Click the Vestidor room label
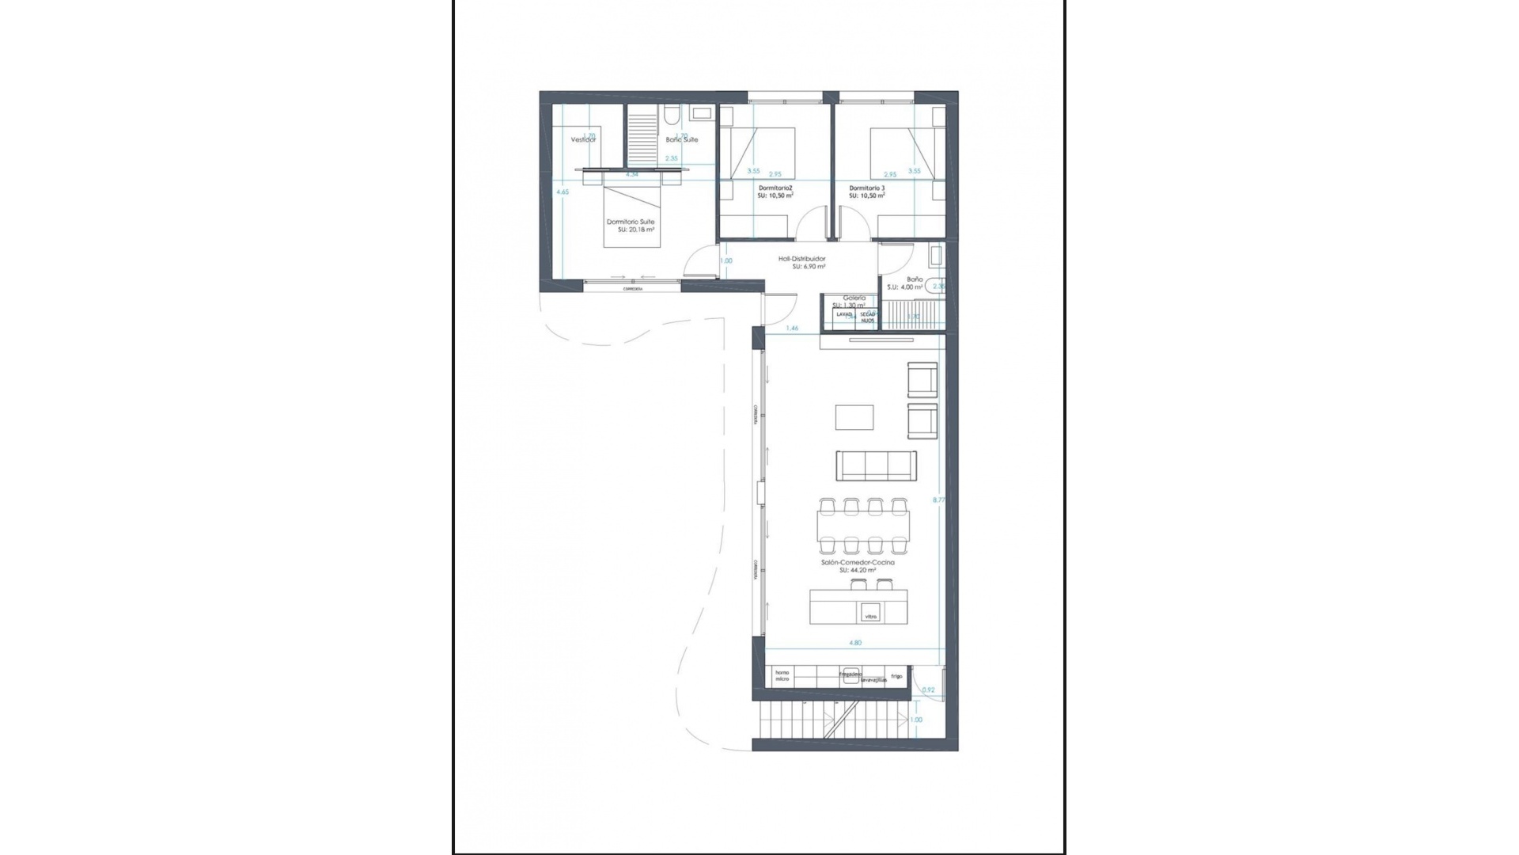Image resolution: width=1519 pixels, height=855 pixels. (583, 139)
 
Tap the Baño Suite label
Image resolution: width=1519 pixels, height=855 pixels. (682, 139)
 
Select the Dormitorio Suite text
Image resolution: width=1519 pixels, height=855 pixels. (631, 222)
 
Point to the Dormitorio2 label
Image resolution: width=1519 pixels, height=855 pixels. (775, 188)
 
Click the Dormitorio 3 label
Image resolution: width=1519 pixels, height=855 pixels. (867, 188)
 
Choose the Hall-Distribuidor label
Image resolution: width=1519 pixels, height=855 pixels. (802, 259)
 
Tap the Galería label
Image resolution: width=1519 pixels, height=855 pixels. (854, 298)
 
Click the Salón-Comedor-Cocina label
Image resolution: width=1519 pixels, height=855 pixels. (858, 562)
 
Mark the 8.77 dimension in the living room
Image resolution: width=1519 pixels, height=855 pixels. (939, 500)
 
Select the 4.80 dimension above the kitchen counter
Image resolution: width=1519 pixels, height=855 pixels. (855, 643)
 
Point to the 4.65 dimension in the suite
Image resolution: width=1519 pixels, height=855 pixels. (563, 192)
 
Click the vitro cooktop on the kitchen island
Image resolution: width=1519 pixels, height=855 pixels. (871, 616)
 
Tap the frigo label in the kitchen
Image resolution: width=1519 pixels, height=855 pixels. (896, 676)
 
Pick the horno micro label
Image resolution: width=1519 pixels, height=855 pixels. (782, 675)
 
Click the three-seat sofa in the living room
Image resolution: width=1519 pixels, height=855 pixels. (877, 465)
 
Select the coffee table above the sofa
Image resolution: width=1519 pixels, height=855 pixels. (855, 417)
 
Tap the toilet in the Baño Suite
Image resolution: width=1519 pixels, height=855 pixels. (671, 116)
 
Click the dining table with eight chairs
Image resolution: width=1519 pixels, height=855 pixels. (863, 526)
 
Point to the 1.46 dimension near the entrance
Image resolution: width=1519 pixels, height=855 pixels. (792, 328)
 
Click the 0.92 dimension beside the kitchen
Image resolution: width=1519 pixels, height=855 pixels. (929, 690)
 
